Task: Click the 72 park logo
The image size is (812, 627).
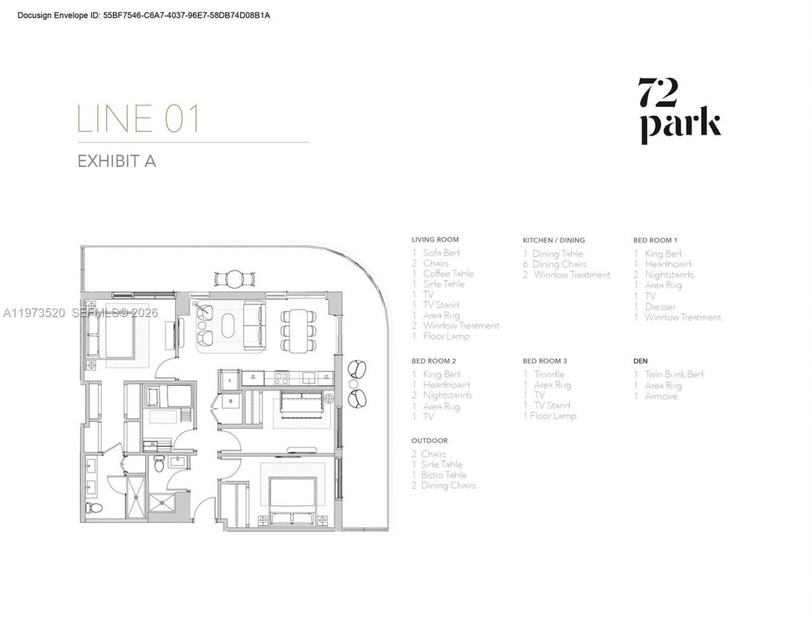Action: coord(679,110)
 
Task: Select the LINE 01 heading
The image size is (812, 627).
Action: coord(138,119)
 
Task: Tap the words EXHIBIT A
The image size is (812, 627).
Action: coord(117,161)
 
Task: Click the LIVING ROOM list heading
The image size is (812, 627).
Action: coord(435,240)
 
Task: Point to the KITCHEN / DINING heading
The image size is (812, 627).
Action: coord(553,240)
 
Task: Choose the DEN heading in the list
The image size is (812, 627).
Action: coord(640,361)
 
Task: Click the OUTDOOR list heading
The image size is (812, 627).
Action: coord(429,441)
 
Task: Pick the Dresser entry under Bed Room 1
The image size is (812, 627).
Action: coord(660,307)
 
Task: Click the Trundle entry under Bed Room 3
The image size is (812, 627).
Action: coord(549,374)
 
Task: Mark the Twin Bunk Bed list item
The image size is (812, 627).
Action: coord(674,374)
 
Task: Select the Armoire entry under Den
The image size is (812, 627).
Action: coord(660,396)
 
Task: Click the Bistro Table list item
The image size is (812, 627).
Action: coord(443,475)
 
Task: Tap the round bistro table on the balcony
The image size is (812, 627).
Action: coord(235,278)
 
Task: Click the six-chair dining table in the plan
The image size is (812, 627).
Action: coord(299,330)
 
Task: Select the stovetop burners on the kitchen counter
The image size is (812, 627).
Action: coord(281,378)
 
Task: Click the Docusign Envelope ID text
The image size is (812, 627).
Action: coord(143,15)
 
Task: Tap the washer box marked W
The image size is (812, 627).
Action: coord(231,399)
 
